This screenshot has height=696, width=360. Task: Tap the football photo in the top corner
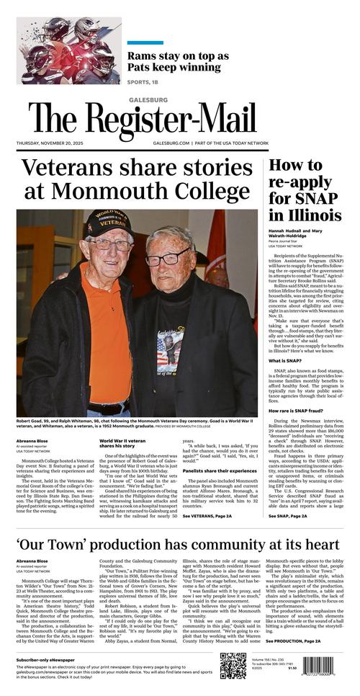59,41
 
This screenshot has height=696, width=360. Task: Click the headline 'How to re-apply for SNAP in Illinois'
305,190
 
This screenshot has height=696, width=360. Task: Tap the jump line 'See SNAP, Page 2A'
289,537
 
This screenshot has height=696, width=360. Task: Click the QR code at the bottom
233,666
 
